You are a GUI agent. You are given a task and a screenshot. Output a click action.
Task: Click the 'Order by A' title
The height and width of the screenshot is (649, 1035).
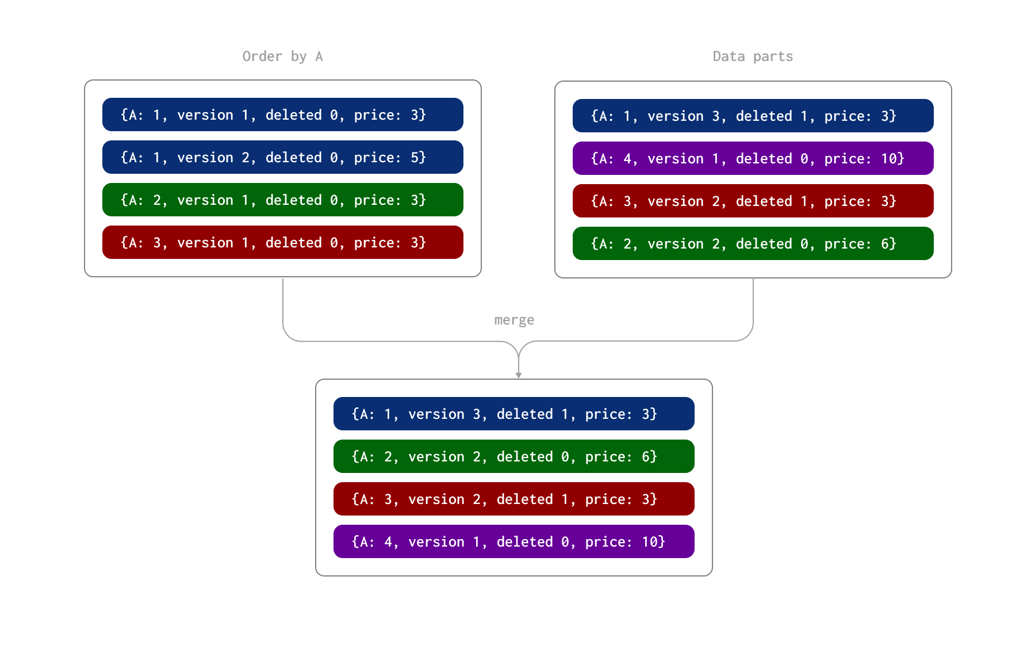point(282,56)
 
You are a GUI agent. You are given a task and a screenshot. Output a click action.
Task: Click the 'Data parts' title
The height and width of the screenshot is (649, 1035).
point(753,56)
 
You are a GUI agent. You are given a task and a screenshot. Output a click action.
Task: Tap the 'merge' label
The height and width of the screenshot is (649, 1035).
point(514,320)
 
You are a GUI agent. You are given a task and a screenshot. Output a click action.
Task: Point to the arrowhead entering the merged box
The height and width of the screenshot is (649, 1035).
point(519,375)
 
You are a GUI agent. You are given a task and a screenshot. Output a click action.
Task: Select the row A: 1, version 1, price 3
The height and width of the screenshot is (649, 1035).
point(282,114)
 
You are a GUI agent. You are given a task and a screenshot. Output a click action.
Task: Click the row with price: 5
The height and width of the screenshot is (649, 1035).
point(282,157)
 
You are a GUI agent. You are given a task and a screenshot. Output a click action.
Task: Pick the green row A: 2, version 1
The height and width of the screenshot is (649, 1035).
point(282,200)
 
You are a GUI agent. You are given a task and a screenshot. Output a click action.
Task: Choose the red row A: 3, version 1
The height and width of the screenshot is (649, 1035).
point(282,242)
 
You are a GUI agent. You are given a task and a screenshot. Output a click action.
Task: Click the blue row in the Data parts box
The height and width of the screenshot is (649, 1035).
point(753,116)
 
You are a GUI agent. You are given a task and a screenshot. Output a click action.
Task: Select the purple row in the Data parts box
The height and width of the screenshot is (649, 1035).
point(753,158)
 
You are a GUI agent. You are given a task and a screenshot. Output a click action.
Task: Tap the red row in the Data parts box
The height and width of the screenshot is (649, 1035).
point(753,201)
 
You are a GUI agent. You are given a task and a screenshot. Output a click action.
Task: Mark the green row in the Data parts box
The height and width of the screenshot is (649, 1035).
point(753,243)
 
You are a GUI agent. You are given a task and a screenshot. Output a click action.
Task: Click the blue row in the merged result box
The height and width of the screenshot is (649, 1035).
point(513,414)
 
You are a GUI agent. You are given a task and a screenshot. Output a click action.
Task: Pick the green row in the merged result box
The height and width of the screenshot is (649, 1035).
point(513,456)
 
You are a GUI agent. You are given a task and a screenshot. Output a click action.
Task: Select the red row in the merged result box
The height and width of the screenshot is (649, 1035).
point(513,499)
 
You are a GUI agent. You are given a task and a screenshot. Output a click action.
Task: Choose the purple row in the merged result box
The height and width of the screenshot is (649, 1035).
point(513,541)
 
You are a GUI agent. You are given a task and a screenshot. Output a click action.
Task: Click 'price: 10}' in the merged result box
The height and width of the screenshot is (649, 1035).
point(625,542)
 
